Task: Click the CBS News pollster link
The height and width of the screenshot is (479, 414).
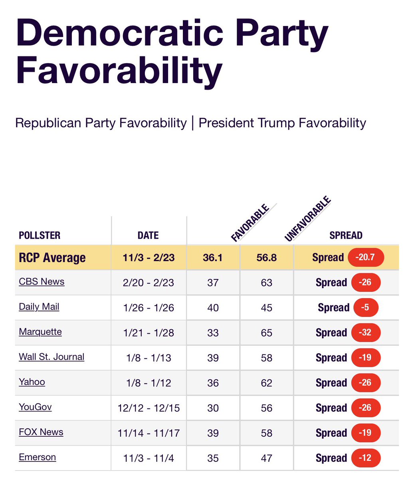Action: [42, 281]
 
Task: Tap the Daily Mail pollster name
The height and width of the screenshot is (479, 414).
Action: [39, 307]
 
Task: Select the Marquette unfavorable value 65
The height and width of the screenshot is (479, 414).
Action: [266, 333]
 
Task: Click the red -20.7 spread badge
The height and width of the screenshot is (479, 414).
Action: [366, 257]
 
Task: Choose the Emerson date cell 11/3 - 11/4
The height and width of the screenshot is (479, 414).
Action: [149, 458]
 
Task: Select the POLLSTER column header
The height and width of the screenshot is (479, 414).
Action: [40, 236]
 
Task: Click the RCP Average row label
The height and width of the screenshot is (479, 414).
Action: [52, 258]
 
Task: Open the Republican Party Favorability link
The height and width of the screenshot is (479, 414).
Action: [101, 123]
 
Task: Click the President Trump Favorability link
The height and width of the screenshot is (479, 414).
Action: [282, 123]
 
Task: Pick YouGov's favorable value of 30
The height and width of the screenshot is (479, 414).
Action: [213, 408]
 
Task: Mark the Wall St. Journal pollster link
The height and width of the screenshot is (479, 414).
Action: [52, 357]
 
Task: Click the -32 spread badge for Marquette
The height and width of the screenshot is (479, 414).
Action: [366, 333]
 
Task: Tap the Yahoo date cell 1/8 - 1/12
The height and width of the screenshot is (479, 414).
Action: [149, 383]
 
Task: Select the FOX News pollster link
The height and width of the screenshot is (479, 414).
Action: [41, 432]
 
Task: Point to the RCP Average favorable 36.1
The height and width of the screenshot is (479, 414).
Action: [213, 257]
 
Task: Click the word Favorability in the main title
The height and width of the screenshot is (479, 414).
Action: [119, 71]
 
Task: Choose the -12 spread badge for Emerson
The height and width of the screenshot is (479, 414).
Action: [366, 458]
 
